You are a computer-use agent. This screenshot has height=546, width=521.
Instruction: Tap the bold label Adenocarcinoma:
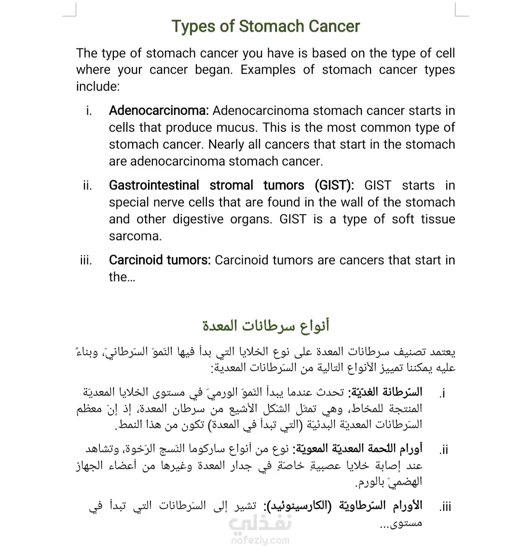coord(159,111)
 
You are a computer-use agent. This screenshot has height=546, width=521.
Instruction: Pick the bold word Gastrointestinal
coord(154,186)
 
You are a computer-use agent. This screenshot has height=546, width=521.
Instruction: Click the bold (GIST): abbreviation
coord(334,186)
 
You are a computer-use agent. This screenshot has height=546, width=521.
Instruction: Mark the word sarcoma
coord(135,236)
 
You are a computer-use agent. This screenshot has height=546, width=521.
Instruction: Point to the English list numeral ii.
coord(87,186)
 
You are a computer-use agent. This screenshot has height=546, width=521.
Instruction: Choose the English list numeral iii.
coord(86,261)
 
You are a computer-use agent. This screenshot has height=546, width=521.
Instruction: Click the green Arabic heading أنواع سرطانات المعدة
coord(266,326)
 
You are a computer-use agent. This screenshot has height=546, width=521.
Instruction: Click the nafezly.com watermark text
coord(260,540)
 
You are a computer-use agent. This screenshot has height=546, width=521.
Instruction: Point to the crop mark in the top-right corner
coord(461,11)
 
